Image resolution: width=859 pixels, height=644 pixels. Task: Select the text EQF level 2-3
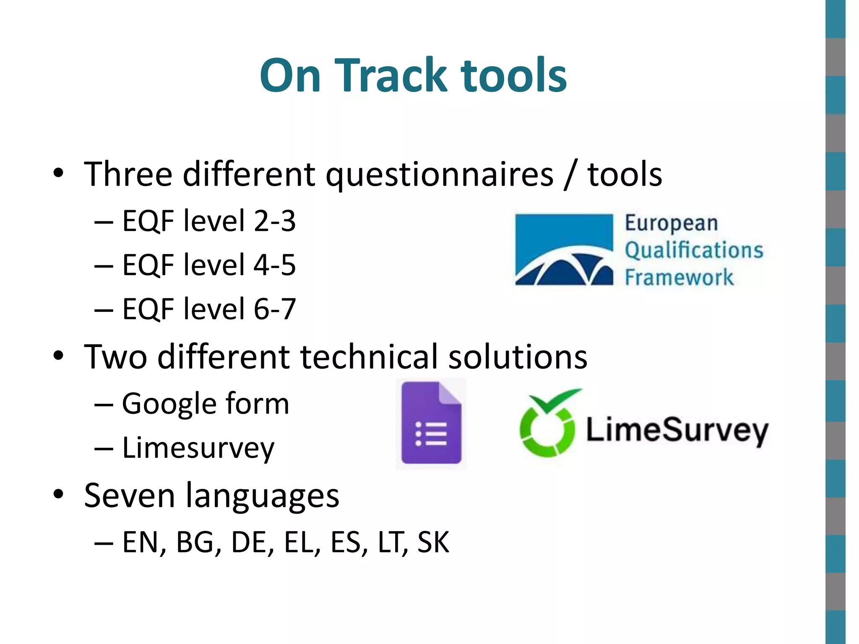coord(208,221)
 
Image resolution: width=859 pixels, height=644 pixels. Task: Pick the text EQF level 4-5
coord(208,265)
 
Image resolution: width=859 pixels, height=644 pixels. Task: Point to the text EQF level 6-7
coord(208,309)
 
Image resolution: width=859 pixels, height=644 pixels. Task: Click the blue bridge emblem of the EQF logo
coord(564,250)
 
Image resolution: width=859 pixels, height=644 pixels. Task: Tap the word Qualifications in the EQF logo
coord(694,250)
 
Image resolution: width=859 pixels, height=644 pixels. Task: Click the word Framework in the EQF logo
coord(679,278)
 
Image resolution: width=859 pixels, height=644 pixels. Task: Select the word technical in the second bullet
coord(369,357)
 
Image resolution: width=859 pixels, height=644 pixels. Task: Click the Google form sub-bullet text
coord(205,404)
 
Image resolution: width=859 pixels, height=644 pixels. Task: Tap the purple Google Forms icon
coord(431,423)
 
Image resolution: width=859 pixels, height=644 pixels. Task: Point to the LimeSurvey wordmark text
coord(677,431)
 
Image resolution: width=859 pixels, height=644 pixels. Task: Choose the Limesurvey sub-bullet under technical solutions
coord(198,448)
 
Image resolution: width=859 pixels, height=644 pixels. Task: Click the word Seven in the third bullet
coord(129,496)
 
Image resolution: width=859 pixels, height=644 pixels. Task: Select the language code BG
coord(195,543)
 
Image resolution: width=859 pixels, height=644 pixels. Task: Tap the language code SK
coord(433,543)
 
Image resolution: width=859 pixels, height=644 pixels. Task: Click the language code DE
coord(250,543)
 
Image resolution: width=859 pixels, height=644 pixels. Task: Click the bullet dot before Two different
coord(58,356)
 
